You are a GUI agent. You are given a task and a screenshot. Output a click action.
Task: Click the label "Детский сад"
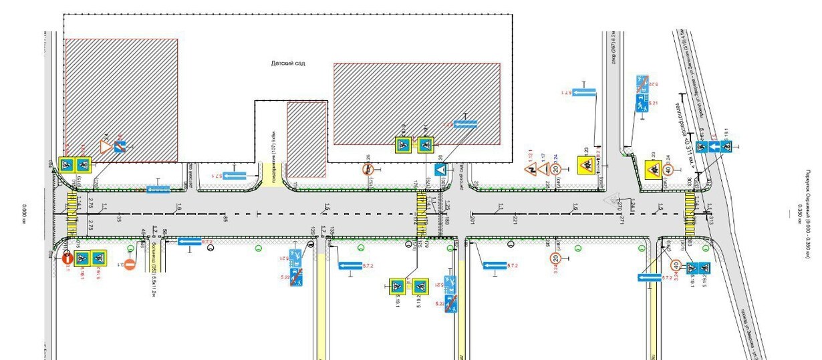[x=288, y=63]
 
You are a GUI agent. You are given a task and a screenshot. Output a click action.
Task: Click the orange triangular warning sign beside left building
[x=105, y=146]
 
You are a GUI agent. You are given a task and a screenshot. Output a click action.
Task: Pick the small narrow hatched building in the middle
[x=307, y=139]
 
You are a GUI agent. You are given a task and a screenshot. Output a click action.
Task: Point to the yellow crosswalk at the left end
[x=72, y=213]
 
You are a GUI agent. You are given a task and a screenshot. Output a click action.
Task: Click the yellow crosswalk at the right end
[x=690, y=213]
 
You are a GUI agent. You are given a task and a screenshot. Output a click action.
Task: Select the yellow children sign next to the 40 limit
[x=654, y=170]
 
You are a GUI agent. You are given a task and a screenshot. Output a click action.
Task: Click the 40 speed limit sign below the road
[x=676, y=266]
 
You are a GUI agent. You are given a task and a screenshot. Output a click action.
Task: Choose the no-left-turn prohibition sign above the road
[x=368, y=170]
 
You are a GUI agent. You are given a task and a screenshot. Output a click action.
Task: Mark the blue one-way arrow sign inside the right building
[x=465, y=124]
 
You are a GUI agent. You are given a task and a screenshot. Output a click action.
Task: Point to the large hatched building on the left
[x=121, y=100]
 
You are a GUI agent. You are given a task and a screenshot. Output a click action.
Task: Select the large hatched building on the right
[x=417, y=104]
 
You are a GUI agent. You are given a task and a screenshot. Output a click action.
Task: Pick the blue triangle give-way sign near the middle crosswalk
[x=440, y=170]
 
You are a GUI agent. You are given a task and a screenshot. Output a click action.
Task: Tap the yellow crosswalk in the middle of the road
[x=421, y=213]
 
